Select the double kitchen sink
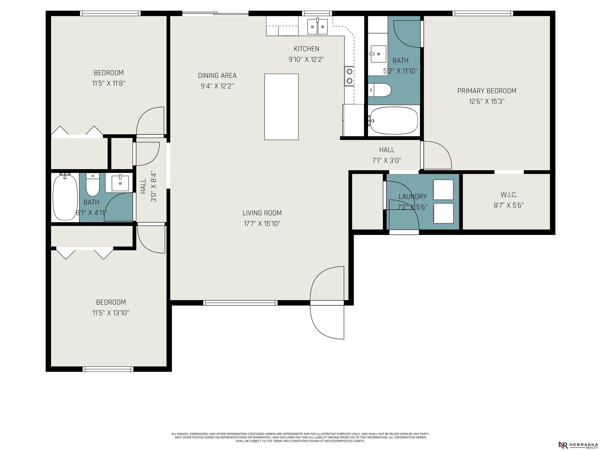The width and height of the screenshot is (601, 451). click(317, 26)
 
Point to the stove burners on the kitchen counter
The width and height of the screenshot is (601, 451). click(349, 76)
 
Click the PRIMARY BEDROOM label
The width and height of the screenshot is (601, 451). click(487, 91)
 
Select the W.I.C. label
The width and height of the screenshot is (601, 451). click(509, 195)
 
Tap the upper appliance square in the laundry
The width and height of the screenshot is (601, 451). click(443, 190)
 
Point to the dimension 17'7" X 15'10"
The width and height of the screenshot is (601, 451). click(262, 224)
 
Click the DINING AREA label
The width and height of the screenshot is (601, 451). click(217, 76)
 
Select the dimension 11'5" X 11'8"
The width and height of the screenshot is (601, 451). click(109, 83)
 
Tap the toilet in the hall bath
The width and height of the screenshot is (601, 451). click(93, 184)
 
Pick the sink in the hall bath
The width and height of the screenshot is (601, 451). click(120, 183)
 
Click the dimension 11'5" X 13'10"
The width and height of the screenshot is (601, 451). click(111, 313)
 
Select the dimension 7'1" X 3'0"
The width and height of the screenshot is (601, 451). click(387, 160)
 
